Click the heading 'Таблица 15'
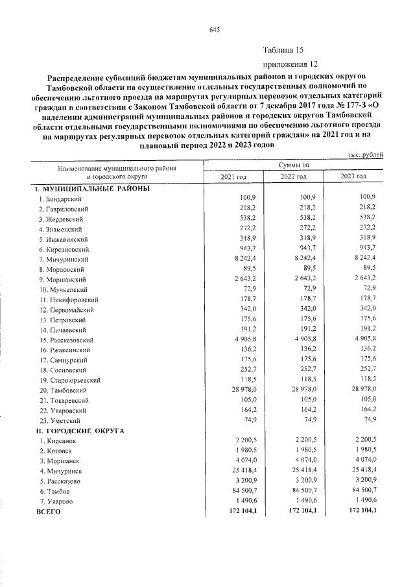click(x=283, y=50)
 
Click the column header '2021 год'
click(x=234, y=176)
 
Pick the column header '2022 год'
click(x=293, y=176)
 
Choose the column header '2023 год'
click(x=353, y=176)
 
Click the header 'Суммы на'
click(x=294, y=165)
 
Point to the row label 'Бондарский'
click(x=65, y=198)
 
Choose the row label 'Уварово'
click(x=58, y=501)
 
